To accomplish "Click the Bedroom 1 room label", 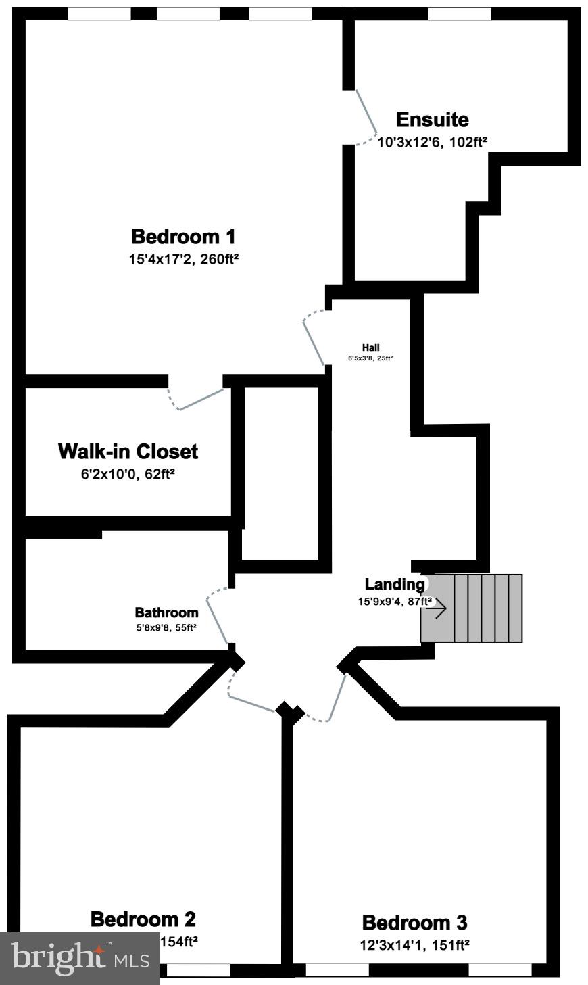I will tap(183, 237).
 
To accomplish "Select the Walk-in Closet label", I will tap(128, 451).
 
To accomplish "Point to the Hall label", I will tap(371, 347).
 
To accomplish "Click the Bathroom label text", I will tap(166, 613).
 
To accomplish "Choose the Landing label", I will tap(395, 584).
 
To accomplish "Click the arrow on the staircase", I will tap(436, 608).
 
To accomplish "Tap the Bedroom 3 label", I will tap(414, 922).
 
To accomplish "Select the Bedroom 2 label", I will tap(143, 919).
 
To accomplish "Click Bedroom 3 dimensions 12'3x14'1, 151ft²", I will tap(414, 944).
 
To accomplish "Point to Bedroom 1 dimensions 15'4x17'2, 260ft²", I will tap(184, 258).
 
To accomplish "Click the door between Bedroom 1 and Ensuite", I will tap(366, 116).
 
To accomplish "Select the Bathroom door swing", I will tap(218, 617).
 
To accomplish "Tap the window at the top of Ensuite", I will tap(459, 14).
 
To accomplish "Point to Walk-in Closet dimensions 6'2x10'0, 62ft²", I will tap(128, 474).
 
